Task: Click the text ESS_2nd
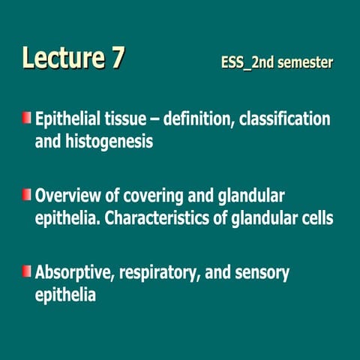click(x=247, y=63)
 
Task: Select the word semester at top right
click(x=304, y=63)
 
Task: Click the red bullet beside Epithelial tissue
click(x=27, y=118)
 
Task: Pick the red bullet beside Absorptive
click(x=27, y=271)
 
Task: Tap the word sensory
click(x=263, y=273)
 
